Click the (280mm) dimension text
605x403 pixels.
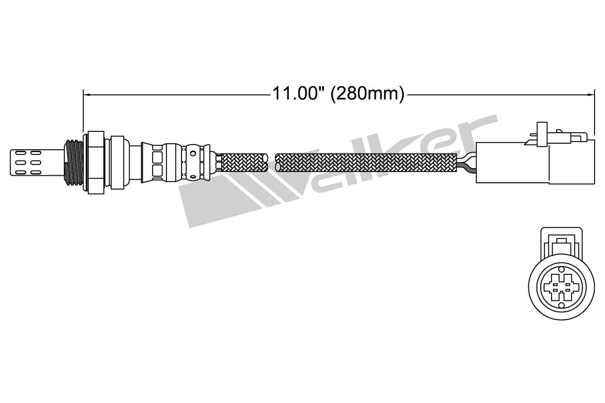pyautogui.click(x=367, y=94)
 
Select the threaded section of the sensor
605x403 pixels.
pyautogui.click(x=74, y=162)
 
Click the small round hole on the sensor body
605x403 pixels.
pyautogui.click(x=192, y=154)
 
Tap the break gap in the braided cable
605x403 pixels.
pyautogui.click(x=271, y=162)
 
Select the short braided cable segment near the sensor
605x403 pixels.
pyautogui.click(x=244, y=162)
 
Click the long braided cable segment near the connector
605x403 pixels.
pyautogui.click(x=366, y=162)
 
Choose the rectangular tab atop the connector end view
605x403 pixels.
pyautogui.click(x=561, y=242)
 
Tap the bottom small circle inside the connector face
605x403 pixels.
pyautogui.click(x=561, y=306)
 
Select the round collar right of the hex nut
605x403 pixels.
pyautogui.click(x=117, y=161)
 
